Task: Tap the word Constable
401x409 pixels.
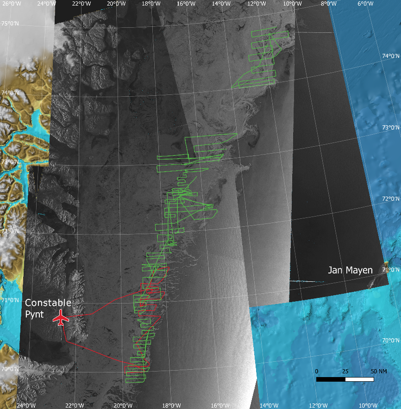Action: pos(48,303)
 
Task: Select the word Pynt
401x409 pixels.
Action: pos(35,315)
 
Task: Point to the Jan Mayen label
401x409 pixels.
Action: pos(351,270)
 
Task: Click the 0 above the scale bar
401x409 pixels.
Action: pos(317,372)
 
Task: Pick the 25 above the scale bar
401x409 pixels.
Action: pos(345,372)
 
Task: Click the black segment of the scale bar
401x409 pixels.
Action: pos(331,379)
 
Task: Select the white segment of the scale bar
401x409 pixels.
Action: pos(359,379)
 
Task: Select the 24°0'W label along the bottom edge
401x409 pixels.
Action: pos(26,406)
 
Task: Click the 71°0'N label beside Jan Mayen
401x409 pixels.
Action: pos(390,270)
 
